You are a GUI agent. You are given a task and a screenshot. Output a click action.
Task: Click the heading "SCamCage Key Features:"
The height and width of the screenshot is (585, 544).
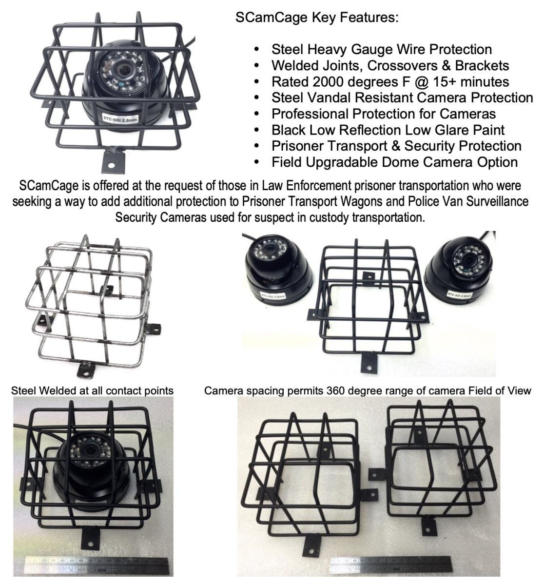coord(317,18)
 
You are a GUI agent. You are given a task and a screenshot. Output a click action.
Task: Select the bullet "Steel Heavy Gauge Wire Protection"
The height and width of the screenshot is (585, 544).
coord(382,50)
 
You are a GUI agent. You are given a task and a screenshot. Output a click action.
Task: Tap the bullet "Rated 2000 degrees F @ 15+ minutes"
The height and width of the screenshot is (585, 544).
coord(390,82)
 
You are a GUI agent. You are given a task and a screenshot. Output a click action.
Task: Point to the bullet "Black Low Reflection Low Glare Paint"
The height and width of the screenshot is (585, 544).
coord(388,130)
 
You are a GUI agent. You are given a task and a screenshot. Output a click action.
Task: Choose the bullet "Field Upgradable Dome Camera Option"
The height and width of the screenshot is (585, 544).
coord(395,162)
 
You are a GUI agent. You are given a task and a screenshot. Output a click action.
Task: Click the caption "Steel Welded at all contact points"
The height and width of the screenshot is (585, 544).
coord(92,390)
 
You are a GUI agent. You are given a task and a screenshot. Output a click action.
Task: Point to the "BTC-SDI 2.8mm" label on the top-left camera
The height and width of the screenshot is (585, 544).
coord(120,119)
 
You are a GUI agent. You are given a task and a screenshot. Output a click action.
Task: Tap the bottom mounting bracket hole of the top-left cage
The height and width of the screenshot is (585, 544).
coord(111,165)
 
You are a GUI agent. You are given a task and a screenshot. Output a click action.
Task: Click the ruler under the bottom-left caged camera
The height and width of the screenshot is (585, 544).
coord(97,565)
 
